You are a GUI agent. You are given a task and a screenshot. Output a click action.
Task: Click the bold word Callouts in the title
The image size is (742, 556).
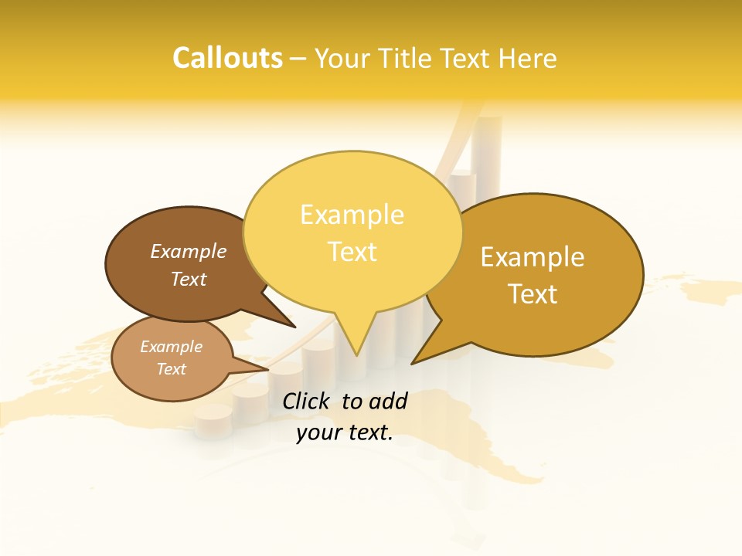tap(227, 58)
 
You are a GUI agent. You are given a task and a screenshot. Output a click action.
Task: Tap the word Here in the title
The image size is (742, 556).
tap(527, 58)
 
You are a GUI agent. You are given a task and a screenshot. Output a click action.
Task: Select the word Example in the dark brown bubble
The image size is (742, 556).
tap(189, 251)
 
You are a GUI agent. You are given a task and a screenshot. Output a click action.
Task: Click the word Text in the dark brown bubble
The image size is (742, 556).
tap(189, 279)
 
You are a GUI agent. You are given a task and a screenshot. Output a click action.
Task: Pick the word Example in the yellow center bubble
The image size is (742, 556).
tap(352, 215)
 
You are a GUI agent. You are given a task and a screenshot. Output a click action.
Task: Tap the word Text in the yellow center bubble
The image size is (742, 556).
tap(352, 252)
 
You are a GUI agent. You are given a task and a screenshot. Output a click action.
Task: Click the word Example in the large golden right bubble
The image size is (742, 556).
tap(533, 257)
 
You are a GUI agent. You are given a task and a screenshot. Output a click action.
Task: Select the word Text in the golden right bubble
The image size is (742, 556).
tap(533, 294)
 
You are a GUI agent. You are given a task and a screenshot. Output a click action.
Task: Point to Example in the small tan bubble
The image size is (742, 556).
tap(171, 347)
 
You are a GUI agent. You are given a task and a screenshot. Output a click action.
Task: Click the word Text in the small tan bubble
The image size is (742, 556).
tap(171, 369)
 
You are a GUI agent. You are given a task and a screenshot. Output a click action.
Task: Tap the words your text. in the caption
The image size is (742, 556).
tap(345, 432)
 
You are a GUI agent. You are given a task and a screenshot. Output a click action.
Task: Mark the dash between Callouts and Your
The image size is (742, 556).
tap(299, 58)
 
